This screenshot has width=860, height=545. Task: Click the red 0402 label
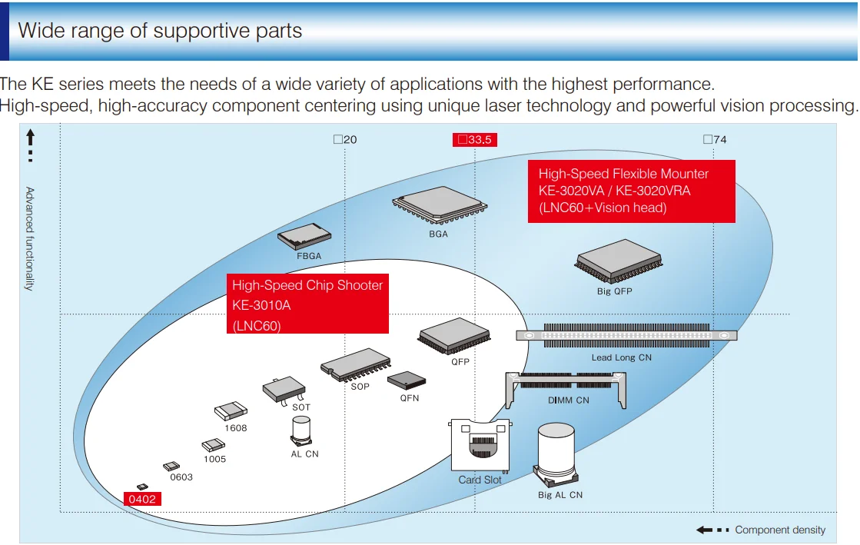[x=143, y=499]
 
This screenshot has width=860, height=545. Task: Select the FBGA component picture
[x=304, y=237]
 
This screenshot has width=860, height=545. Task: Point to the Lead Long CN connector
[x=626, y=335]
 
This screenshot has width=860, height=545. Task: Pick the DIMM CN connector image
[x=566, y=389]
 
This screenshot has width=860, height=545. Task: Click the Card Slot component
[x=480, y=446]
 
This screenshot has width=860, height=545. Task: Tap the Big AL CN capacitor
[x=556, y=454]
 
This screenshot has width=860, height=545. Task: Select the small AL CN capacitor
[x=301, y=430]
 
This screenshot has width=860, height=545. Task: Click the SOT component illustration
[x=284, y=390]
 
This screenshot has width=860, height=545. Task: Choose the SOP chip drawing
[x=355, y=364]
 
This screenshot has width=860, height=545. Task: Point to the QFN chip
[x=407, y=381]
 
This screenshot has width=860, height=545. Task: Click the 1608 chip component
[x=231, y=411]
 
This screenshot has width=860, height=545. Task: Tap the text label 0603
[x=181, y=477]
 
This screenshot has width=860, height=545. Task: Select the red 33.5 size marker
[x=475, y=140]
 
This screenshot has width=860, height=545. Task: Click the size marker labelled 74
[x=716, y=139]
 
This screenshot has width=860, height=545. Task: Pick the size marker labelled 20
[x=346, y=139]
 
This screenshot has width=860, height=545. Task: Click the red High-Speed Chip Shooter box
[x=307, y=304]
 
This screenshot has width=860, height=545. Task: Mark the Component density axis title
[x=780, y=530]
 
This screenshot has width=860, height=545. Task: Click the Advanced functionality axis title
[x=30, y=238]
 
